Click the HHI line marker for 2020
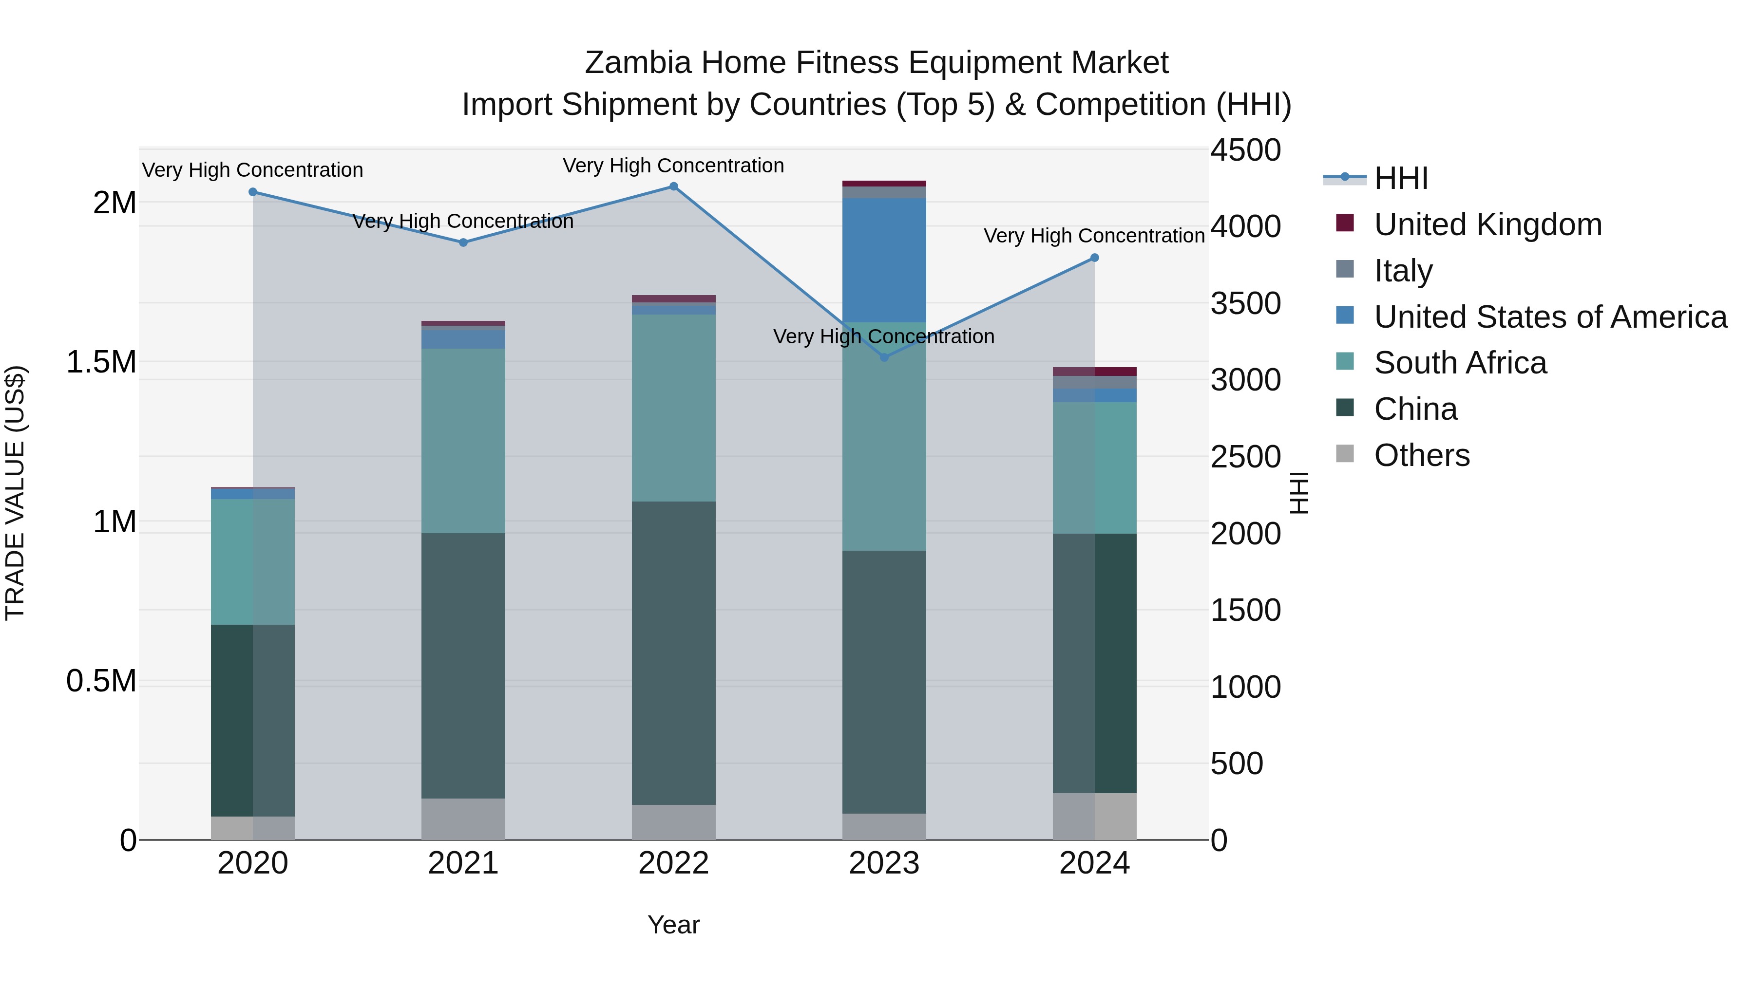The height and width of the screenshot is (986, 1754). [252, 192]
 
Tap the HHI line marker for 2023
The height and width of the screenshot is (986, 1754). [884, 357]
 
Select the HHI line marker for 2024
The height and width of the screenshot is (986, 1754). [1094, 258]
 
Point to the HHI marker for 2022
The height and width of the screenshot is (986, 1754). [673, 186]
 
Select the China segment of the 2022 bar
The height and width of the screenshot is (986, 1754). [673, 653]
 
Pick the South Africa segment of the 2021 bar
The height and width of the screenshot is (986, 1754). [463, 441]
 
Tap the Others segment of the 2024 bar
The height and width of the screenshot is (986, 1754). [1094, 816]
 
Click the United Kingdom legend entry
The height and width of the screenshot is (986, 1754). [1488, 224]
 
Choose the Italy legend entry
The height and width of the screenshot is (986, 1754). [1403, 271]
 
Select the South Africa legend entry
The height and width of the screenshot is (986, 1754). [1460, 363]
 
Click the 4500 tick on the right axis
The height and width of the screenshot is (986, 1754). [1245, 150]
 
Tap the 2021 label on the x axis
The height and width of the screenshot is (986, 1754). [463, 863]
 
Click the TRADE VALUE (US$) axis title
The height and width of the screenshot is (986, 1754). [16, 493]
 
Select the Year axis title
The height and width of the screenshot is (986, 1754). [673, 925]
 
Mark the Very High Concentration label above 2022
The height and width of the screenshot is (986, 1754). [673, 166]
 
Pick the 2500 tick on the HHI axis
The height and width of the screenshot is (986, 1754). [1245, 457]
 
